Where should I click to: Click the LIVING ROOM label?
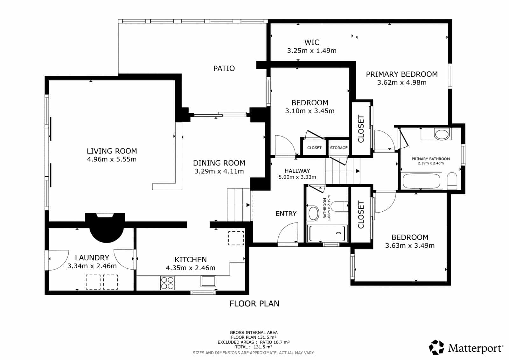(112, 151)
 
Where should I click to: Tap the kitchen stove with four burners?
(167, 283)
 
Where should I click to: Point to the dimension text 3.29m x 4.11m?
(219, 171)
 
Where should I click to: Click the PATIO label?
(224, 68)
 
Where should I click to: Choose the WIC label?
(312, 42)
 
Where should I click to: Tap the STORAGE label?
(338, 148)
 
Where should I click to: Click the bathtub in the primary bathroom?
(421, 181)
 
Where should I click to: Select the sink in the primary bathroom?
(442, 134)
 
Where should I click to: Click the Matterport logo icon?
(436, 348)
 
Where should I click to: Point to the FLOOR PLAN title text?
(254, 304)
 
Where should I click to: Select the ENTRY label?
(286, 214)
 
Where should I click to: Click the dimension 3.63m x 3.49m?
(410, 245)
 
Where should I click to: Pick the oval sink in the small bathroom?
(313, 214)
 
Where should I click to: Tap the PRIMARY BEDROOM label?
(401, 74)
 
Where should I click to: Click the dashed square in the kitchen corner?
(236, 238)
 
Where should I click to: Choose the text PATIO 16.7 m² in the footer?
(275, 342)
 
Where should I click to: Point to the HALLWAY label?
(297, 171)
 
